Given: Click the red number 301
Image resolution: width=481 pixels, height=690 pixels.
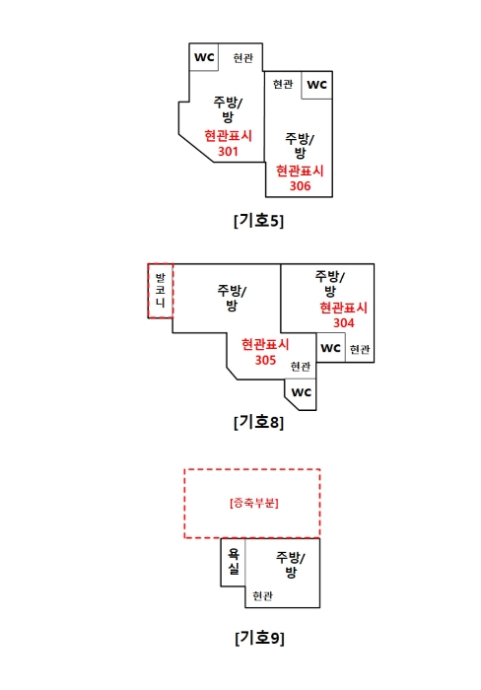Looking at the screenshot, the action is coord(228,152).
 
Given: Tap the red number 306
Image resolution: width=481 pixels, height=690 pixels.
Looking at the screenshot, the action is coord(300,185).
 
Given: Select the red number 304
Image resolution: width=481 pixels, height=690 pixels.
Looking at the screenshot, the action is coord(344,323).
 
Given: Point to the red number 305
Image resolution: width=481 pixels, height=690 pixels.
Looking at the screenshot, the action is coord(265,360).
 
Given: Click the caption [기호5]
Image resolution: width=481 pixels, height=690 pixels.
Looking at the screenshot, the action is coord(259,221).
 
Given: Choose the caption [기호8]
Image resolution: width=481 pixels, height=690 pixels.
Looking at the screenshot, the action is coord(259,422).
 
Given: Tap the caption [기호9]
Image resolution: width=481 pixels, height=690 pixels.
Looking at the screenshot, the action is coord(259,638).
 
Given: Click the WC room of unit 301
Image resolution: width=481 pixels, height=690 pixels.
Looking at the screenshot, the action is coord(204,57).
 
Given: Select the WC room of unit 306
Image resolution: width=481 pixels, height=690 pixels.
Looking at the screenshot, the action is coord(316,85).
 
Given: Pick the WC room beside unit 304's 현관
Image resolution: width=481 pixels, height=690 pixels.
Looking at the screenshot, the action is coord(331,348).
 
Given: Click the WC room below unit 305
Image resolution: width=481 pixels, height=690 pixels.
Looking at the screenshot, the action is coord(301,394).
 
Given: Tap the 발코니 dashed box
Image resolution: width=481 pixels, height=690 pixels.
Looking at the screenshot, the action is coord(161,291).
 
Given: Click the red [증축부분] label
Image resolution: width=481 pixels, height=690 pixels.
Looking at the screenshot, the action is coord(254,503).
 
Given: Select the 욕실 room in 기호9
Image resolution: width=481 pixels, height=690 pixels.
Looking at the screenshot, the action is coord(233,562).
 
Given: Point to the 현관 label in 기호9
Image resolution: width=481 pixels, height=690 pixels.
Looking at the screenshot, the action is coord(263,595).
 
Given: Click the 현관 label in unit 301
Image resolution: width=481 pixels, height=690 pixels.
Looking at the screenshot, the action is coord(242,57).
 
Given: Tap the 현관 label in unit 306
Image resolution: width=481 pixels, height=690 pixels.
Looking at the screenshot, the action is coord(283,84).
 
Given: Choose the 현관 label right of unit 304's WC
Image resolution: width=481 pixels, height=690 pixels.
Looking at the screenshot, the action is coord(360,349).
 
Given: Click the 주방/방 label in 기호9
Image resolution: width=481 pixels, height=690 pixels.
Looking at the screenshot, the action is coord(291,565).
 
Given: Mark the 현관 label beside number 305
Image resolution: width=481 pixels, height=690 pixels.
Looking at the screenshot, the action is coord(301,366).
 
